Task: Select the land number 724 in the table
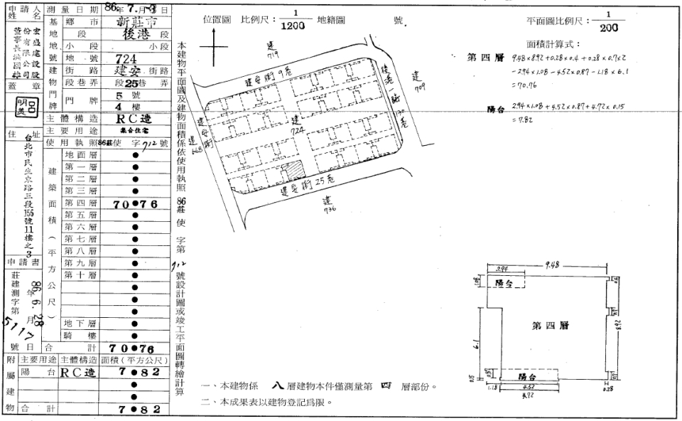click(x=126, y=58)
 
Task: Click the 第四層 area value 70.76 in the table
click(x=135, y=204)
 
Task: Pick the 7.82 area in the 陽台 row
click(x=135, y=372)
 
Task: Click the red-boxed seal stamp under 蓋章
click(x=23, y=105)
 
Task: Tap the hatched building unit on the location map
click(x=293, y=171)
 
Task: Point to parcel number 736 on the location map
click(x=328, y=206)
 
